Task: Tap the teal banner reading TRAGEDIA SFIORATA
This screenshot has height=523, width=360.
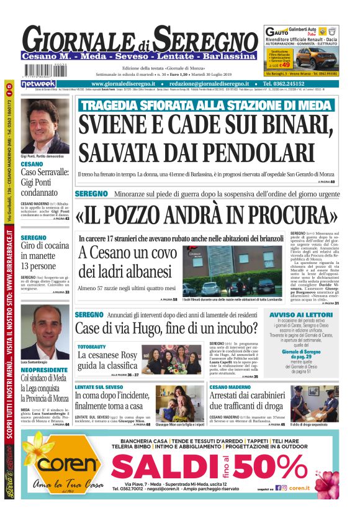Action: click(x=205, y=105)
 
